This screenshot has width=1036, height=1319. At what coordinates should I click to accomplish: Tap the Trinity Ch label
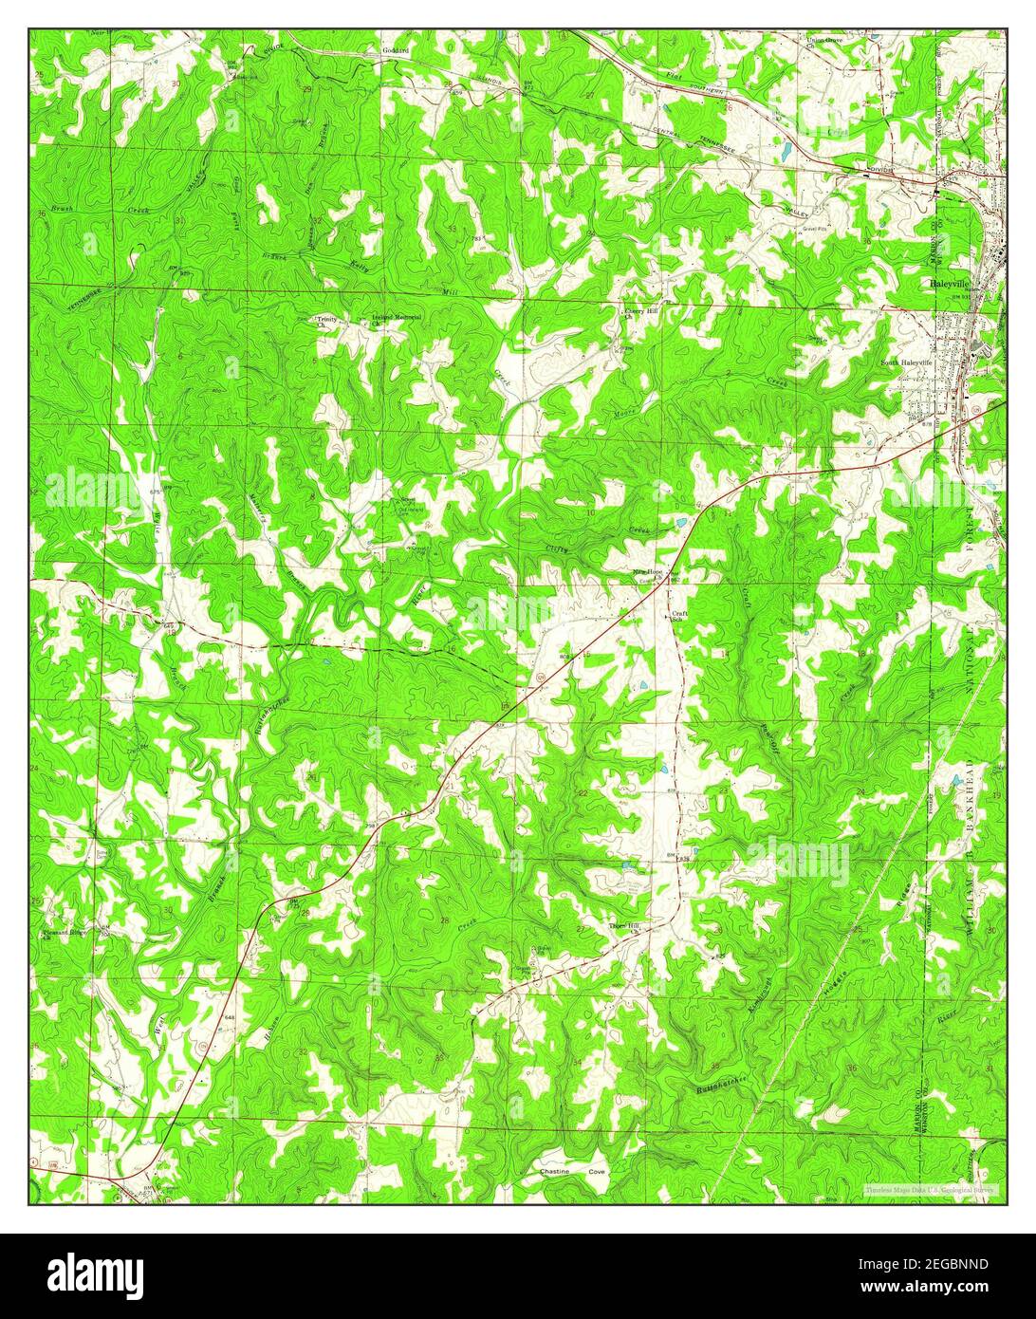326,320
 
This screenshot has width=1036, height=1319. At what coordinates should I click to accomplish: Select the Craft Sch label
679,617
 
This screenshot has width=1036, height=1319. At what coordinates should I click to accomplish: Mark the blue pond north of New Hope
679,524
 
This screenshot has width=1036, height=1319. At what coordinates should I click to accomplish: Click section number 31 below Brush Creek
179,220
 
